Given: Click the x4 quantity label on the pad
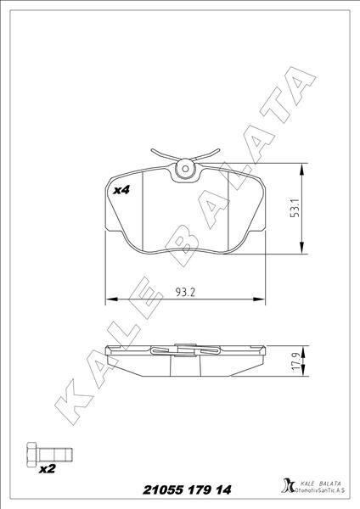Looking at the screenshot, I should pos(121,191).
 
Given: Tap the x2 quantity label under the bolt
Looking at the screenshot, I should pos(48,467).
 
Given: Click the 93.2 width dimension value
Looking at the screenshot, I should pos(185,293).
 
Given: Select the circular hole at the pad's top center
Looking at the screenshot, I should pos(183,171).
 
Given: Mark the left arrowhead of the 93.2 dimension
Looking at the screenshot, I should pos(110,299).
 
